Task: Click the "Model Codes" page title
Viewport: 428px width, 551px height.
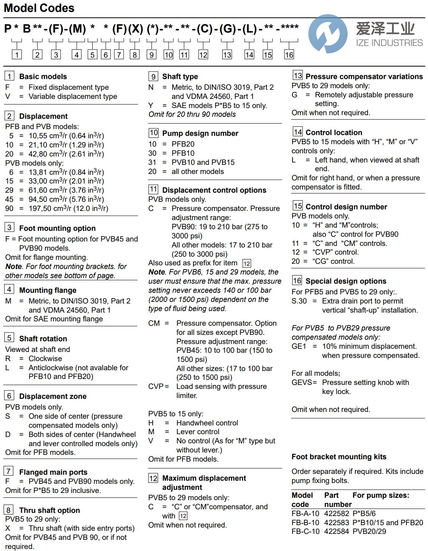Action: click(39, 8)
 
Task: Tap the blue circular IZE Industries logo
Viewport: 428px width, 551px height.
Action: click(328, 34)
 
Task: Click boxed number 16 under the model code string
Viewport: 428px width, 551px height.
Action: click(289, 55)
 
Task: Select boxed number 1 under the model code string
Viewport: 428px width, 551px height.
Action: click(17, 55)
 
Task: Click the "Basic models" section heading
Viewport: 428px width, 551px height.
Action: click(43, 77)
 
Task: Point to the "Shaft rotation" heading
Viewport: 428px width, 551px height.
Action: click(43, 339)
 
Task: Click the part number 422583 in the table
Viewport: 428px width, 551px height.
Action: click(337, 523)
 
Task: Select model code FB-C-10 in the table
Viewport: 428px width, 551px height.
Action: click(305, 532)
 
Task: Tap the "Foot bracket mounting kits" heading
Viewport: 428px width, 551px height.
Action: click(339, 457)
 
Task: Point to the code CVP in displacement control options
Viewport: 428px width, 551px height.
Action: click(156, 387)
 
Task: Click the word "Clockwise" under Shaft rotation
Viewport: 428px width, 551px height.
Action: click(45, 359)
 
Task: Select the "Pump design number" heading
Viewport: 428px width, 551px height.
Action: click(200, 133)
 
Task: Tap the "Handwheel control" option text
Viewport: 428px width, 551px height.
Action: click(207, 423)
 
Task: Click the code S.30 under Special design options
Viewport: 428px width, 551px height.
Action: click(299, 301)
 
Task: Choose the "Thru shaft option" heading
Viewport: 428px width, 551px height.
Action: click(49, 510)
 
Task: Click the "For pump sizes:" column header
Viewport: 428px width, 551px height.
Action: click(381, 495)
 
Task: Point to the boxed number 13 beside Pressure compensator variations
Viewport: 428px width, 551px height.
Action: click(297, 75)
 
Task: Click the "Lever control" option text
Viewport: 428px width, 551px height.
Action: click(198, 432)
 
